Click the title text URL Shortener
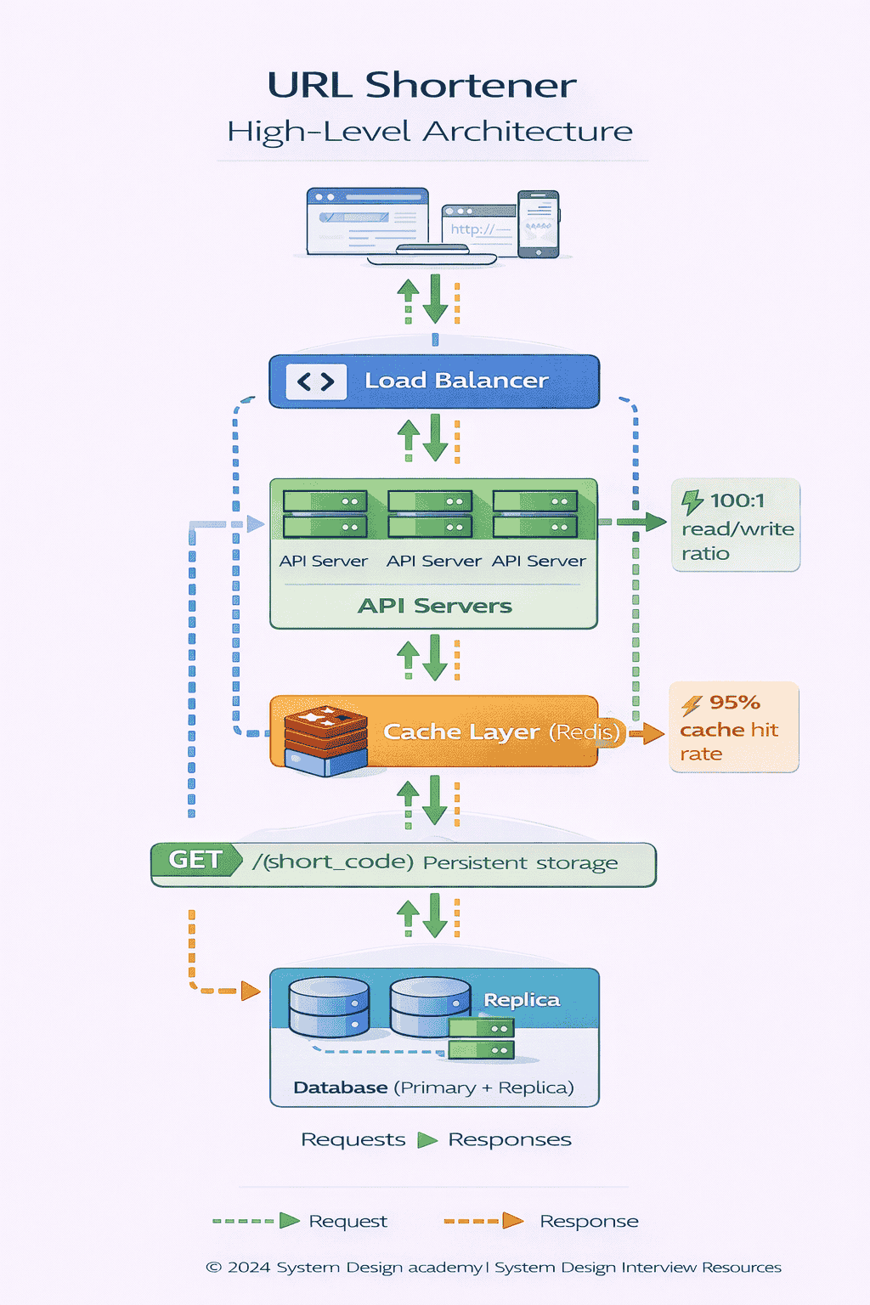coord(421,86)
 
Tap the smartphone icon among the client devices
coord(538,224)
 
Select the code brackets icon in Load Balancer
coord(316,382)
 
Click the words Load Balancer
coord(456,381)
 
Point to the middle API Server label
coord(433,561)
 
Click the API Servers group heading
coord(434,606)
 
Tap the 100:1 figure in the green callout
coord(737,500)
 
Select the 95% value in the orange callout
coord(734,703)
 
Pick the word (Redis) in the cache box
coord(585,732)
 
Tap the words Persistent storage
coord(520,863)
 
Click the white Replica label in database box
coord(522,1000)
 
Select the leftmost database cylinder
coord(329,1007)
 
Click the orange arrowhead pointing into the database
coord(250,991)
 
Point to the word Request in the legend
coord(347,1221)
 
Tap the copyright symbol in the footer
coord(213,1268)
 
